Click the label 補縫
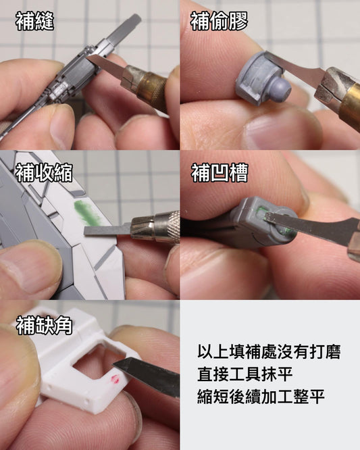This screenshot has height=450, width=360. pos(34,22)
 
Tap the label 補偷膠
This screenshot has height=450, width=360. pos(219,22)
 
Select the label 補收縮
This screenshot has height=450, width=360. pos(44,173)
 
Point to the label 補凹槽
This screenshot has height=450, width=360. pos(220,173)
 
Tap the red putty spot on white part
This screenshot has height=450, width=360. pos(115,379)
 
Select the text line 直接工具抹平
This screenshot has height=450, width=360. pos(245,374)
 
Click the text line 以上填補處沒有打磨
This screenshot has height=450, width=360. pos(269,351)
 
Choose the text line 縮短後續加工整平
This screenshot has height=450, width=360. pos(261,397)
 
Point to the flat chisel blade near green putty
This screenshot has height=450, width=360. pos(107,230)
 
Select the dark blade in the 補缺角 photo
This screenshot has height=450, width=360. pos(147,374)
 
